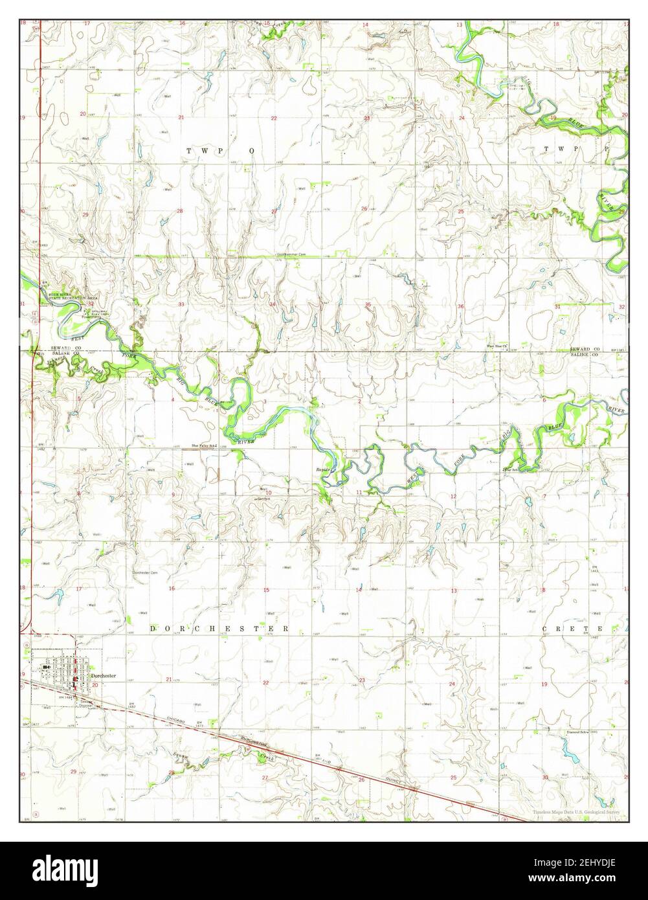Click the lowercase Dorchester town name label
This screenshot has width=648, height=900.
pyautogui.click(x=104, y=676)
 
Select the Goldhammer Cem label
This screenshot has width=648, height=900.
pyautogui.click(x=290, y=254)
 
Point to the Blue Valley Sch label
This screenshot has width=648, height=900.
pyautogui.click(x=204, y=445)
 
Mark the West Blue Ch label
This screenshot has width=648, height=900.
pyautogui.click(x=499, y=346)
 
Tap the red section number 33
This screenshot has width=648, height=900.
pyautogui.click(x=182, y=304)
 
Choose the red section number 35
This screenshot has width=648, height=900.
pyautogui.click(x=368, y=304)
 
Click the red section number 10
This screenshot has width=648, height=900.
pyautogui.click(x=267, y=493)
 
